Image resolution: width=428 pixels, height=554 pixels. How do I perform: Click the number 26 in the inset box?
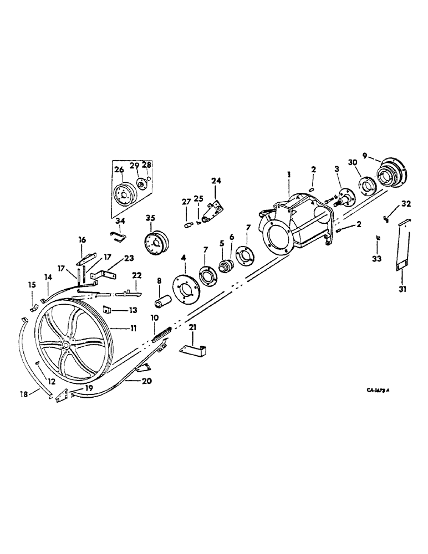pos(119,170)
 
